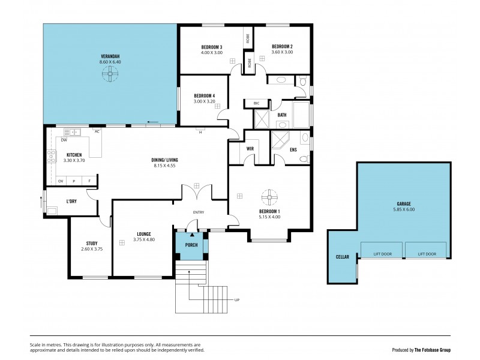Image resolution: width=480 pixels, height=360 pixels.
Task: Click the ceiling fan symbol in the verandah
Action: (110, 73)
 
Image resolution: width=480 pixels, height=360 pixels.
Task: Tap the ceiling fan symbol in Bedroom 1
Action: (269, 196)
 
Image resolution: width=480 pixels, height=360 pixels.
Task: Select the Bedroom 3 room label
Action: (211, 47)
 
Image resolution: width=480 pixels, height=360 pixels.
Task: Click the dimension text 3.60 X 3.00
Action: (281, 53)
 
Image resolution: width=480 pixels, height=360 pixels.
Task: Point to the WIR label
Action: (251, 148)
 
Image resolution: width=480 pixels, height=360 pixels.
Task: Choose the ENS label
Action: (293, 149)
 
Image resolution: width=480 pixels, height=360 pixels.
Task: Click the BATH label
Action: (281, 115)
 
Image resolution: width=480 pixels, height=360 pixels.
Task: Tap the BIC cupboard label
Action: (257, 103)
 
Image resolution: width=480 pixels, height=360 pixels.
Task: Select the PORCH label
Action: (191, 245)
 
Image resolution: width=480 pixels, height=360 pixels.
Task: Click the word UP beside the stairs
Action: (236, 299)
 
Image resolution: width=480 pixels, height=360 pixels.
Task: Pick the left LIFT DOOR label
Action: (383, 254)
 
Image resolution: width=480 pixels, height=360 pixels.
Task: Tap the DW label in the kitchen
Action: (63, 140)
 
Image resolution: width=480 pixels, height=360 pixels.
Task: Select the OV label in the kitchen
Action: (61, 181)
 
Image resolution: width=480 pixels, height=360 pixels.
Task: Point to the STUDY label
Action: (91, 243)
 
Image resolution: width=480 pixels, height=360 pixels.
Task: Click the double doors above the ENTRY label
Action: (197, 192)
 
